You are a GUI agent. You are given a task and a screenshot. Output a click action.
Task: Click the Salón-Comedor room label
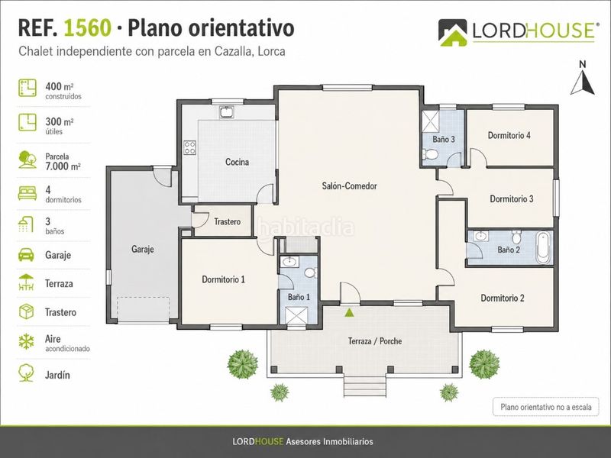point(349,185)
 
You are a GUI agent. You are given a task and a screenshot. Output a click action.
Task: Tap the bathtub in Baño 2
point(543,247)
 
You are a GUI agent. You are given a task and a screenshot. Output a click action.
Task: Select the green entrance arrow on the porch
point(349,311)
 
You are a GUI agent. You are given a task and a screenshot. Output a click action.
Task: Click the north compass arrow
point(583,83)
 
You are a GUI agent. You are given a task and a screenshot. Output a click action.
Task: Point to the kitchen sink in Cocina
point(226,112)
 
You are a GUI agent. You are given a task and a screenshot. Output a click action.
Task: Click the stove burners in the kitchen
point(190,147)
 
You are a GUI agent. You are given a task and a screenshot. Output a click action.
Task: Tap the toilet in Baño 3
point(430,154)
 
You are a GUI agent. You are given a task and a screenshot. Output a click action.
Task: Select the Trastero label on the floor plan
point(227,221)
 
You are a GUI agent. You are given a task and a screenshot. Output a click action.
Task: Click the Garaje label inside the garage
point(143,249)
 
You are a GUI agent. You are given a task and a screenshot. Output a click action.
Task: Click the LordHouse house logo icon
point(452,33)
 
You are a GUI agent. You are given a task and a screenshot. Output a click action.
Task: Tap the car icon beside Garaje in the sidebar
point(26,255)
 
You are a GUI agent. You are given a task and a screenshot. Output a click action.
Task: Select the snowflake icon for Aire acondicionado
point(27,341)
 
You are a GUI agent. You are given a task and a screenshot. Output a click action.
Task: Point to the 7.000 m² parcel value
point(63,166)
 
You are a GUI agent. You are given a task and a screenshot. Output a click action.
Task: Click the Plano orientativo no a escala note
point(546,407)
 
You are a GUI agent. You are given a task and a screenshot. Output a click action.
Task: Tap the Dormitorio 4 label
point(509,135)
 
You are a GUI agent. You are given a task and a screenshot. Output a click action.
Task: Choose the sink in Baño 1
point(289,262)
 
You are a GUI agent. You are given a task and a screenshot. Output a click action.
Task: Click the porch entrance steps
point(365,386)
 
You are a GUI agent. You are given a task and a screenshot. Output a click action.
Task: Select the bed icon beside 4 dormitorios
point(27,193)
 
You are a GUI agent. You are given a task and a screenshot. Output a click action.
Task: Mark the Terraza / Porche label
point(375,341)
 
